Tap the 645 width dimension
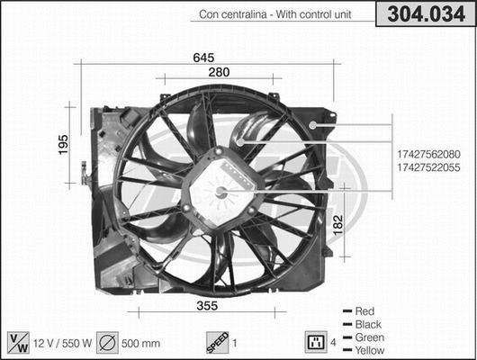tap(203, 58)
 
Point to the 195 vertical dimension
tap(63, 145)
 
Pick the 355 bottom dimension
tap(208, 305)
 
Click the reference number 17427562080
tap(427, 154)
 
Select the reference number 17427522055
tap(427, 168)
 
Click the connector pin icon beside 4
tap(315, 342)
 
